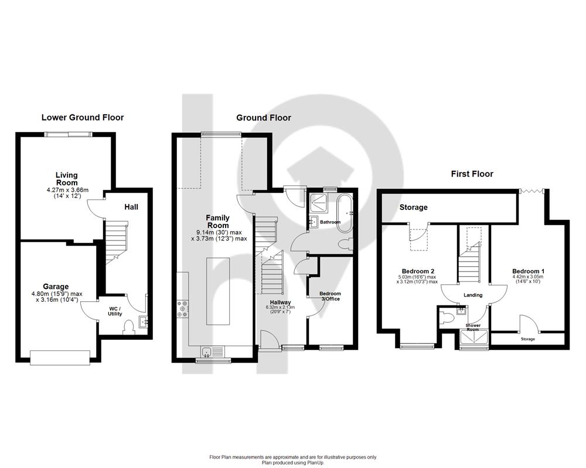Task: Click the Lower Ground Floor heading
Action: [83, 118]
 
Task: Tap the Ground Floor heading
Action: [264, 118]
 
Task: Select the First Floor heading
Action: [472, 174]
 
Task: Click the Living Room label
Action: [67, 179]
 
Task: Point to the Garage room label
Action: [56, 287]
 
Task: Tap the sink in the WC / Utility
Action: [143, 322]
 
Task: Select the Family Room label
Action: [218, 221]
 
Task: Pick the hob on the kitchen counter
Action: [183, 309]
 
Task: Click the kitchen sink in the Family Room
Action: [212, 352]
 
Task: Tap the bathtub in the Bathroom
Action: [344, 213]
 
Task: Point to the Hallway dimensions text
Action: [280, 309]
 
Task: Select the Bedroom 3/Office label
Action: [330, 297]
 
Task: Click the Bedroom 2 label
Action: [418, 271]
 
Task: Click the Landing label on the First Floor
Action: [473, 295]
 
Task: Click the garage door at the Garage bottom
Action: [60, 357]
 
